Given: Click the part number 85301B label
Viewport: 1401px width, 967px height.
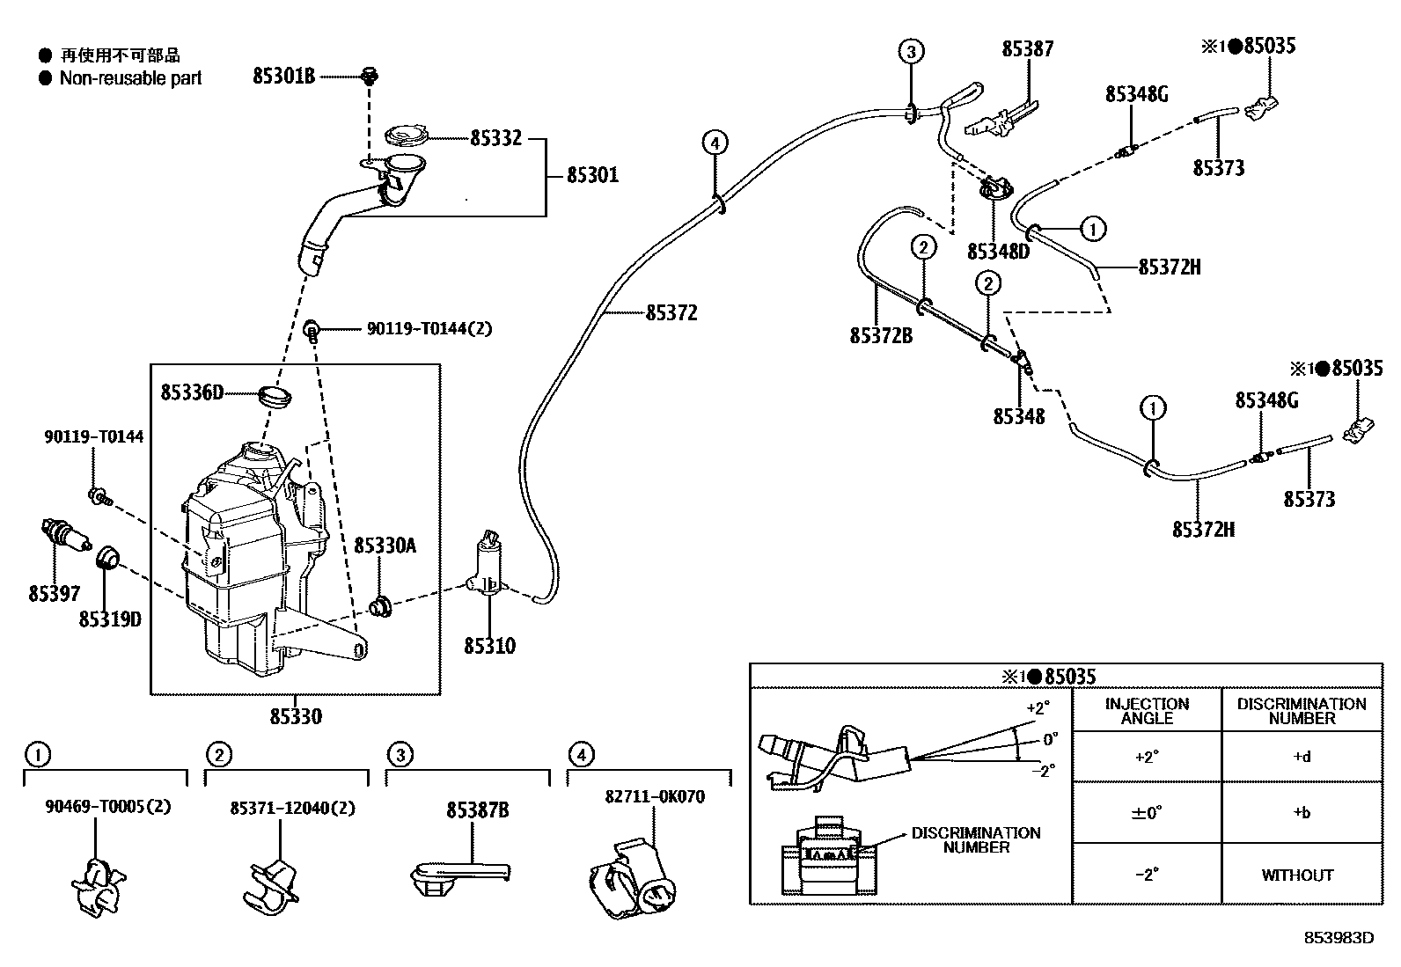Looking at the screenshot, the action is (x=283, y=77).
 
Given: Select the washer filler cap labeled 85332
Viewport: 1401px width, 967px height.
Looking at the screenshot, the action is (x=406, y=136).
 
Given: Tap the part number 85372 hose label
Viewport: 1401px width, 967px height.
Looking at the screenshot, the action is (x=671, y=312).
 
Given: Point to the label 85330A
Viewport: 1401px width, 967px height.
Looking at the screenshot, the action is (x=385, y=546).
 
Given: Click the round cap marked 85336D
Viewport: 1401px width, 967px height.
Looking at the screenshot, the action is (x=275, y=397).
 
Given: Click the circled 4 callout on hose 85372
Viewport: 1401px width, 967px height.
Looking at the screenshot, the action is (x=715, y=143).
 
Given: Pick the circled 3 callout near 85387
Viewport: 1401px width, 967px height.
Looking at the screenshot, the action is (x=912, y=52).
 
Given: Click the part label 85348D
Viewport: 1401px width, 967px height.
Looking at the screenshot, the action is (x=998, y=252).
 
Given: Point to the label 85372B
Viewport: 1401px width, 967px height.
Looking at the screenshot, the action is (x=881, y=336).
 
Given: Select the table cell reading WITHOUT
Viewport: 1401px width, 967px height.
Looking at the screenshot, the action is (x=1297, y=875).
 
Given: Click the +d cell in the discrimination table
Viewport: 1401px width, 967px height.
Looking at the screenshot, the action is (x=1302, y=757).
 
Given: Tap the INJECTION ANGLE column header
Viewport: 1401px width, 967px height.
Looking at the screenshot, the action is (x=1147, y=711).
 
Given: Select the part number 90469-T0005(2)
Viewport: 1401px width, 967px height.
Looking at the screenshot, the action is (x=107, y=806).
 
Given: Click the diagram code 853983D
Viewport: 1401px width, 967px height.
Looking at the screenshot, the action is (x=1339, y=938).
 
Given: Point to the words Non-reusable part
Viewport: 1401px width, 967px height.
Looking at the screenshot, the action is (x=130, y=78).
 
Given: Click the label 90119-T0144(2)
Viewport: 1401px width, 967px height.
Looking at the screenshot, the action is (x=429, y=328).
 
